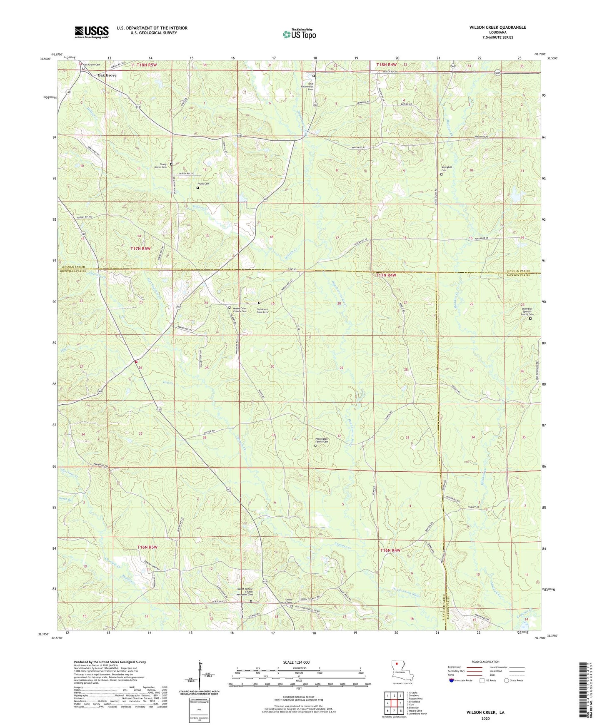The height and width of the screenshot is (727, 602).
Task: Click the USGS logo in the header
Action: (92, 32)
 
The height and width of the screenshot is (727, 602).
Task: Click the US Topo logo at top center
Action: (299, 34)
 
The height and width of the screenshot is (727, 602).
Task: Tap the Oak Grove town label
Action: (107, 75)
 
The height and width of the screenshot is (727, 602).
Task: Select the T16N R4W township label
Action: (390, 550)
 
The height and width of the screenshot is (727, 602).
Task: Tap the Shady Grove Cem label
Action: (160, 166)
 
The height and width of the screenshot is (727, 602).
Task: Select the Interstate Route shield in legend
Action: (452, 680)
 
